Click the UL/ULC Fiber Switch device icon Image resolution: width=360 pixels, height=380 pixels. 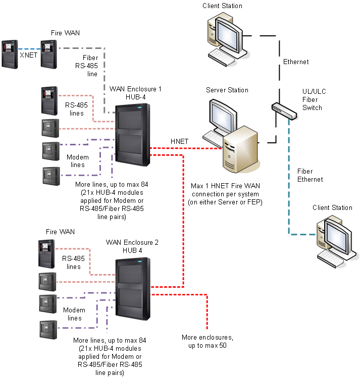tap(282, 110)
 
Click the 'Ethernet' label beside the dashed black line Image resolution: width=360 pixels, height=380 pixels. tap(295, 62)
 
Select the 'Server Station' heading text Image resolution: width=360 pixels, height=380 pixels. tap(227, 90)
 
